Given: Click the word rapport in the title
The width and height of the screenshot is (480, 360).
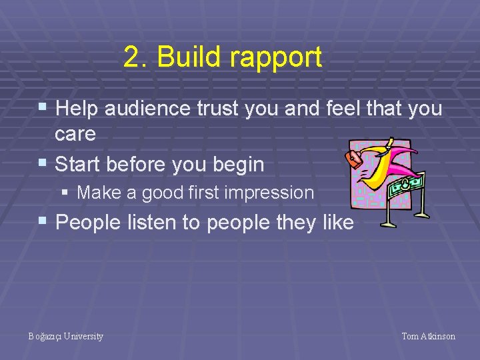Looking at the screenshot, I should tap(275, 58).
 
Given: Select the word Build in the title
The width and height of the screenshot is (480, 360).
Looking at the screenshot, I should tap(189, 58).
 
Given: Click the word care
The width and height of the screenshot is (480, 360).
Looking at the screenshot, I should tap(75, 134).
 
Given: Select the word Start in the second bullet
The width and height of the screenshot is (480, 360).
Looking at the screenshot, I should tap(77, 164).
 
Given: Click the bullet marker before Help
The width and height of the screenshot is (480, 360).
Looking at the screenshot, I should tap(43, 107).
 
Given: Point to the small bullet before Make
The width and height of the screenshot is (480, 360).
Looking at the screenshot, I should tap(65, 193).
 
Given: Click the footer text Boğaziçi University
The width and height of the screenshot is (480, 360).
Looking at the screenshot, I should tap(66, 336).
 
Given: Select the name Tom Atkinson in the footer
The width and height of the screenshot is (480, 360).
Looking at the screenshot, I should tap(429, 336).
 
